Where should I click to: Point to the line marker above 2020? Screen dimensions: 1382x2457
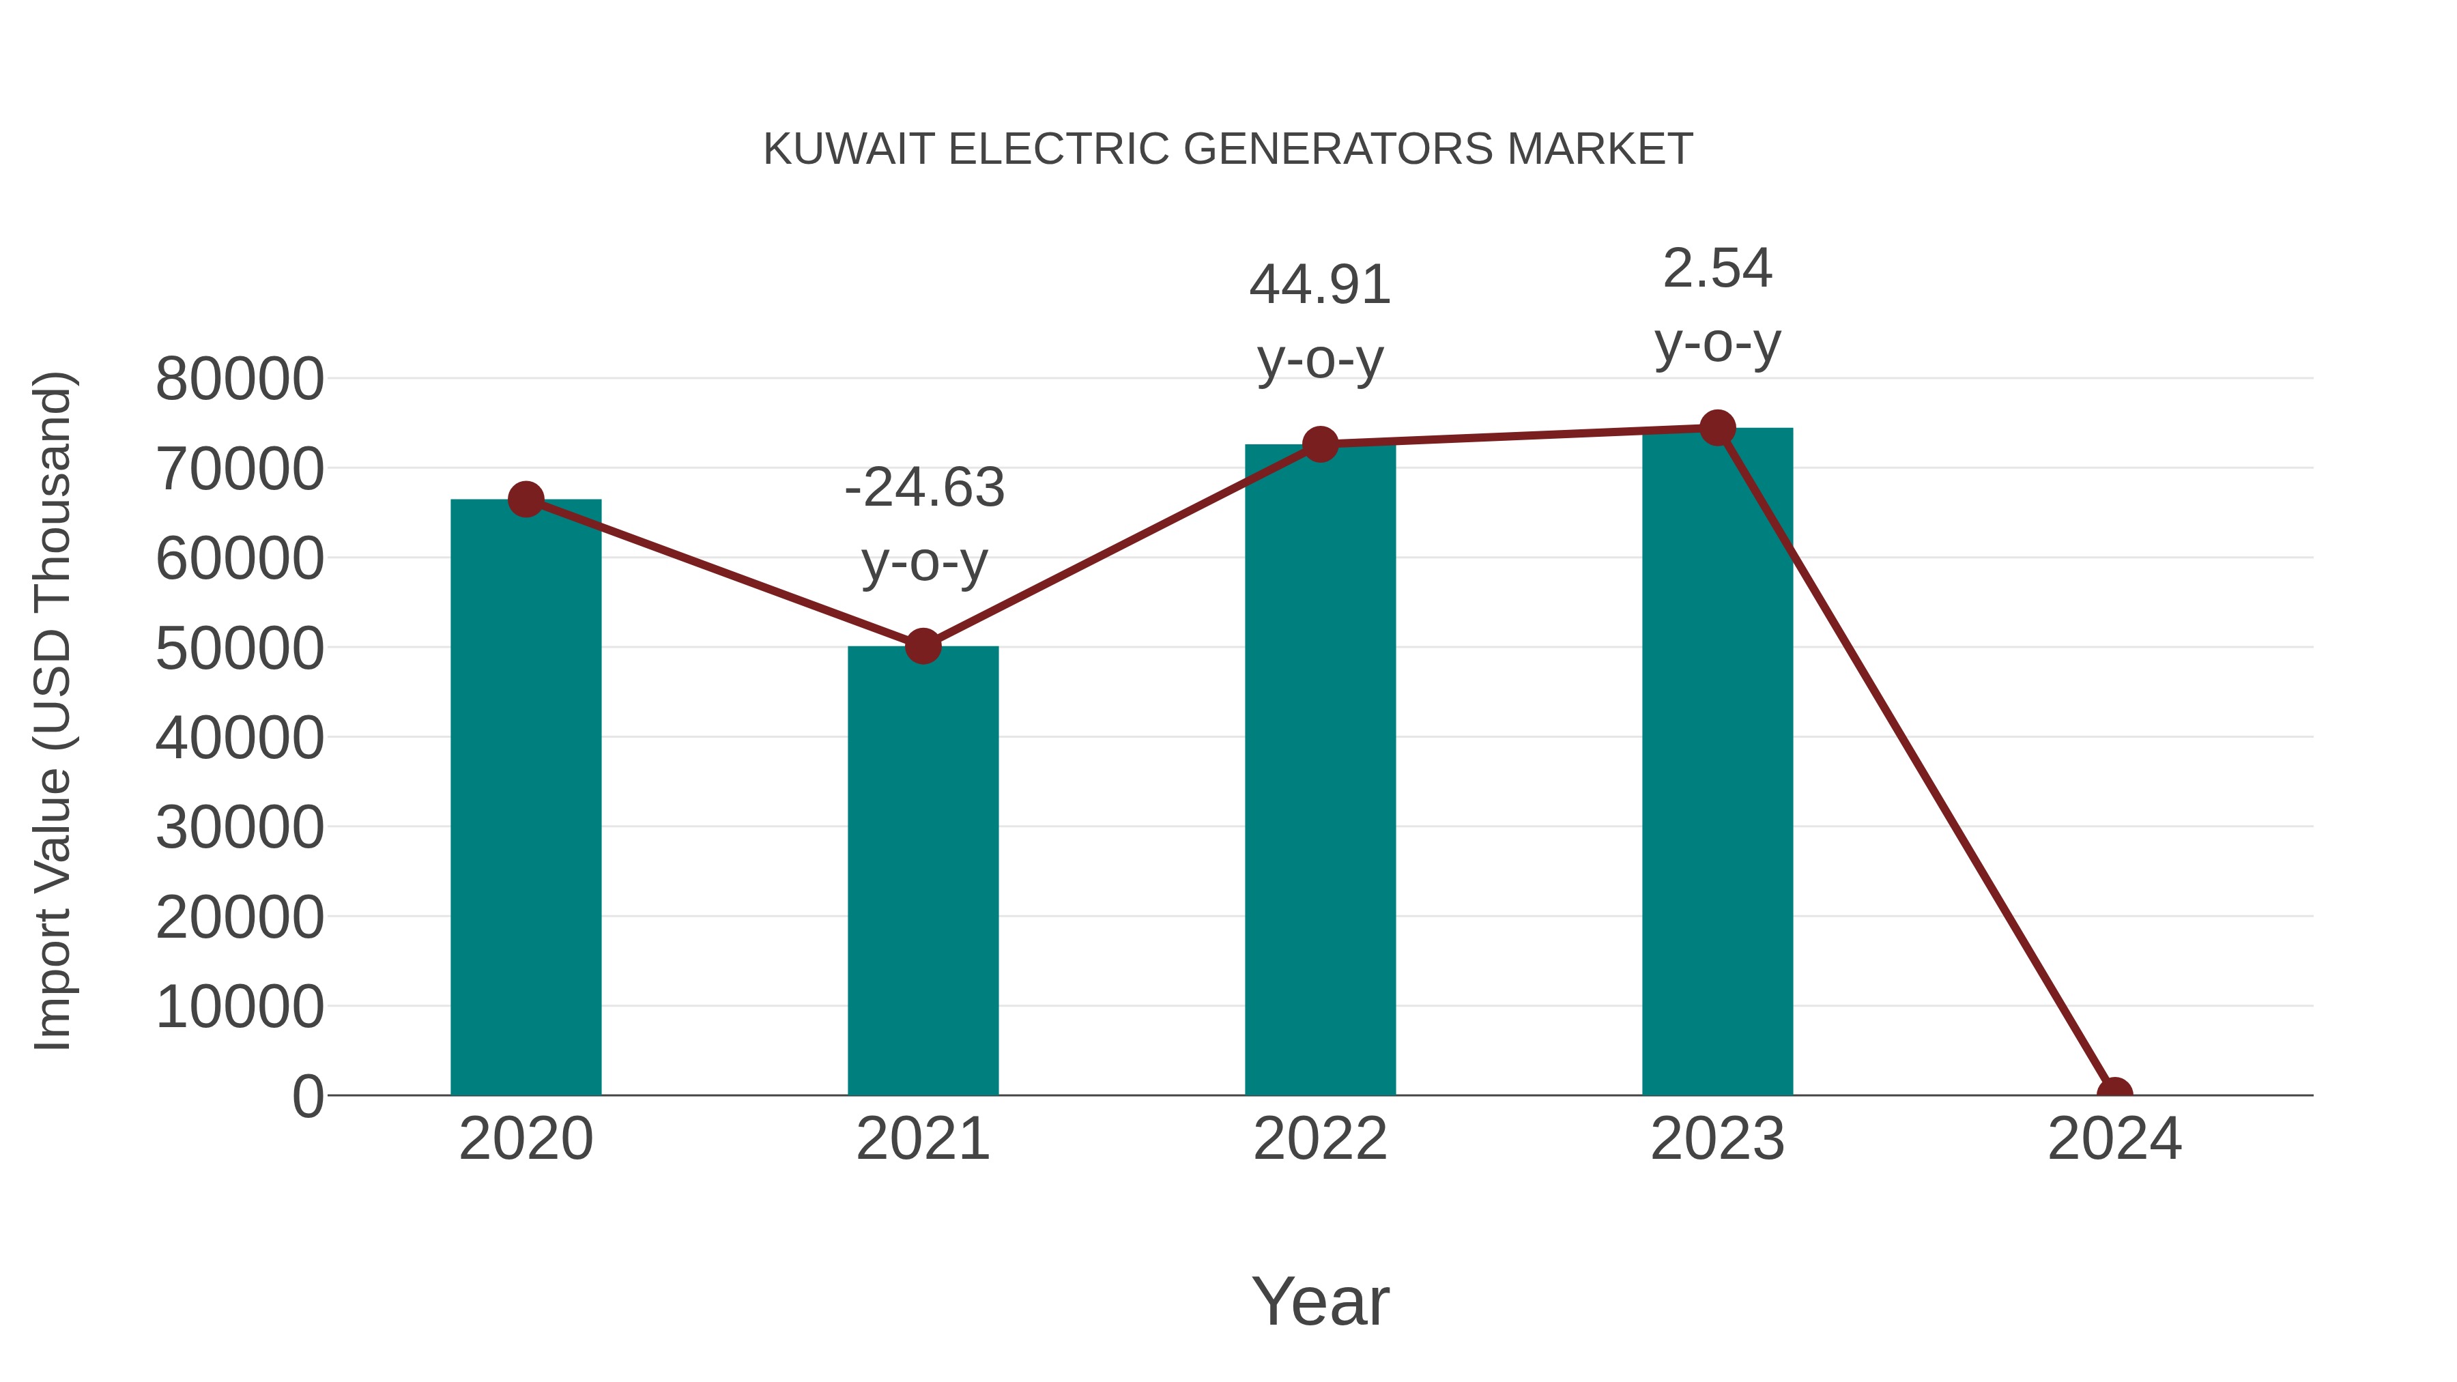point(526,499)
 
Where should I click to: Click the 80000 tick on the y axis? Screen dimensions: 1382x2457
point(240,379)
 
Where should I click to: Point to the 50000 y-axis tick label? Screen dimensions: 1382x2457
point(240,648)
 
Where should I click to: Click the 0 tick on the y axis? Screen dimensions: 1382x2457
point(307,1096)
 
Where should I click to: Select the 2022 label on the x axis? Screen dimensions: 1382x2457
point(1319,1139)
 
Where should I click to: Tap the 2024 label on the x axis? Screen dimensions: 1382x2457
point(2114,1139)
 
